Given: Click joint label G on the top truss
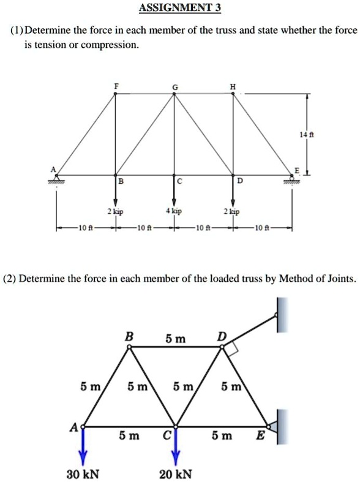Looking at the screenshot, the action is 175,87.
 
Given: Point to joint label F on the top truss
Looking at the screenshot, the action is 116,86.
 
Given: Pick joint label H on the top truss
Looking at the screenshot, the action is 231,86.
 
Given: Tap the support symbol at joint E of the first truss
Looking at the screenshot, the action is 293,179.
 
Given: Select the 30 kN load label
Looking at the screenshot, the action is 84,474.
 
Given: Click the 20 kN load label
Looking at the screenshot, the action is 176,474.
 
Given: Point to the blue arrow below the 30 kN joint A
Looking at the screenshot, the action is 84,445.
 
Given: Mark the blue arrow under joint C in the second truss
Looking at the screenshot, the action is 176,445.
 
